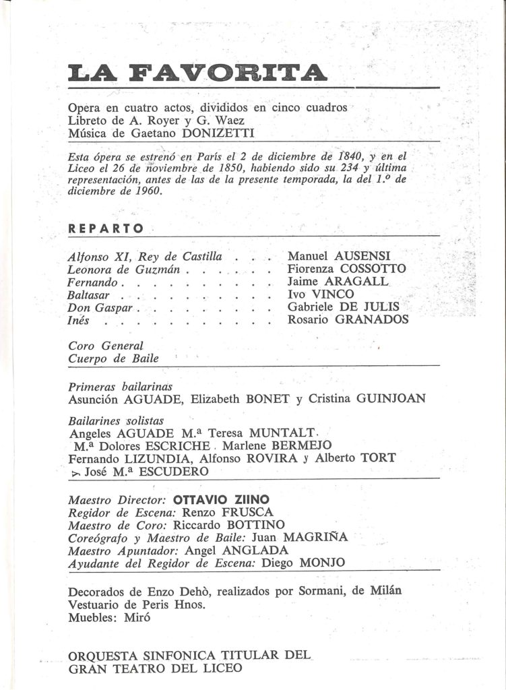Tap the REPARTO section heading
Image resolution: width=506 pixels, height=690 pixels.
point(106,228)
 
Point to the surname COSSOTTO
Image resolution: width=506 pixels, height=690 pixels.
point(371,269)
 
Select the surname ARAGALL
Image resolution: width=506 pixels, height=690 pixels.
point(356,282)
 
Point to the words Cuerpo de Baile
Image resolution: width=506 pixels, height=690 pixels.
point(114,358)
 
